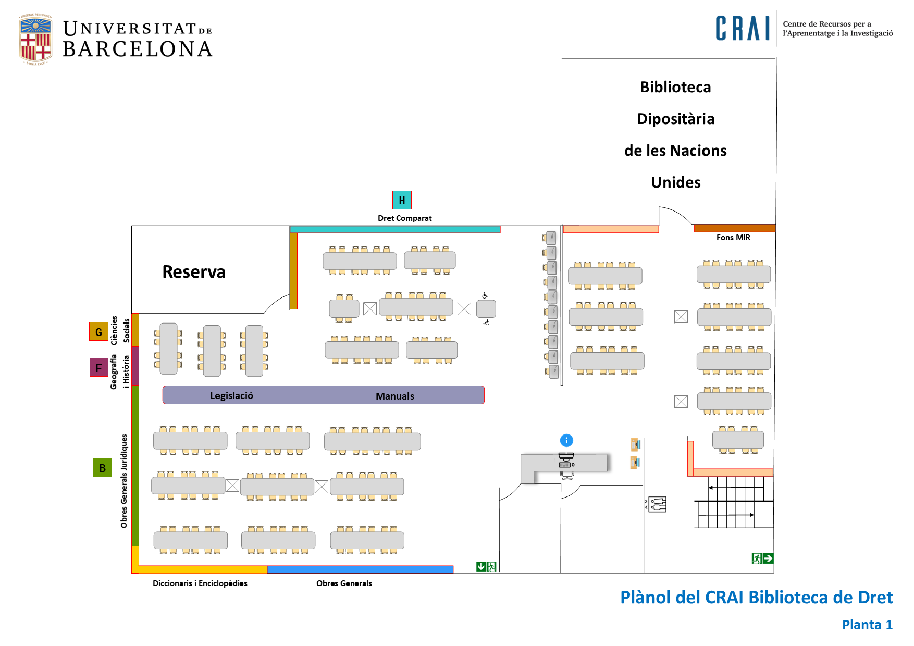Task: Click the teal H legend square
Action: [x=402, y=200]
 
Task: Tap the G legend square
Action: [x=98, y=332]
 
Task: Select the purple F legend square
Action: [x=98, y=367]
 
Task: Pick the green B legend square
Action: [x=102, y=468]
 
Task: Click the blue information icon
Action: [x=566, y=441]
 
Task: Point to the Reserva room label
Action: [x=194, y=272]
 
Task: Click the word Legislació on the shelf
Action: [x=231, y=396]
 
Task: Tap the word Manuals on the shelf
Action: [x=395, y=396]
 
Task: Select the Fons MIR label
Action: [x=733, y=238]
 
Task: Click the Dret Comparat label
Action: [x=405, y=218]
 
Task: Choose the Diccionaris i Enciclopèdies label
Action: [x=200, y=583]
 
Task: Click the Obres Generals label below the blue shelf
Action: [x=344, y=583]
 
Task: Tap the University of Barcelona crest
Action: [x=35, y=40]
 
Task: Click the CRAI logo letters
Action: [x=743, y=29]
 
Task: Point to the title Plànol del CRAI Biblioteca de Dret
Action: [x=756, y=598]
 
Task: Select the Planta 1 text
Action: [x=867, y=625]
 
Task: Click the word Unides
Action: [x=676, y=182]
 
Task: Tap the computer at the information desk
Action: [x=566, y=462]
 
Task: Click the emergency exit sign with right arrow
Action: [x=762, y=558]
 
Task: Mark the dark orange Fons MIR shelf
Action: [x=735, y=228]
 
